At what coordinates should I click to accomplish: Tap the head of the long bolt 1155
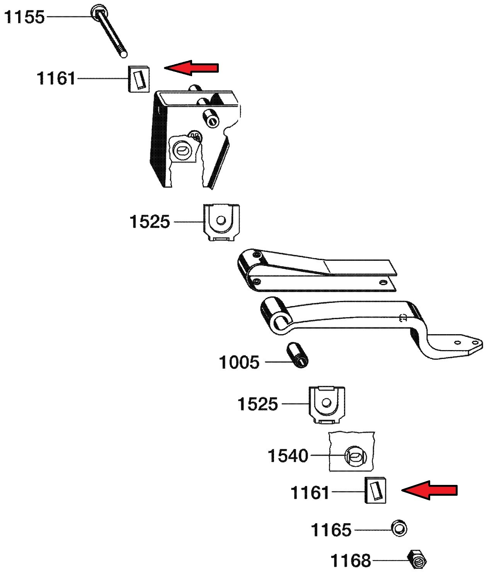click(99, 12)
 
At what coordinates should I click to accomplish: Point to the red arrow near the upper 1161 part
click(191, 68)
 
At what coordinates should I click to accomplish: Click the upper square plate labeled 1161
click(139, 79)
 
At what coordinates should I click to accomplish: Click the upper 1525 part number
click(150, 222)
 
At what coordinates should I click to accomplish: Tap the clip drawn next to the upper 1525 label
click(221, 222)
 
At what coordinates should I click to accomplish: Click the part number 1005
click(239, 362)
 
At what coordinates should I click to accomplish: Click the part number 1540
click(288, 456)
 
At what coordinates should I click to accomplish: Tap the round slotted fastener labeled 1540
click(355, 456)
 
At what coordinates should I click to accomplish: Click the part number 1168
click(351, 561)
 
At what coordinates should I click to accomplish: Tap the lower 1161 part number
click(310, 493)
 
